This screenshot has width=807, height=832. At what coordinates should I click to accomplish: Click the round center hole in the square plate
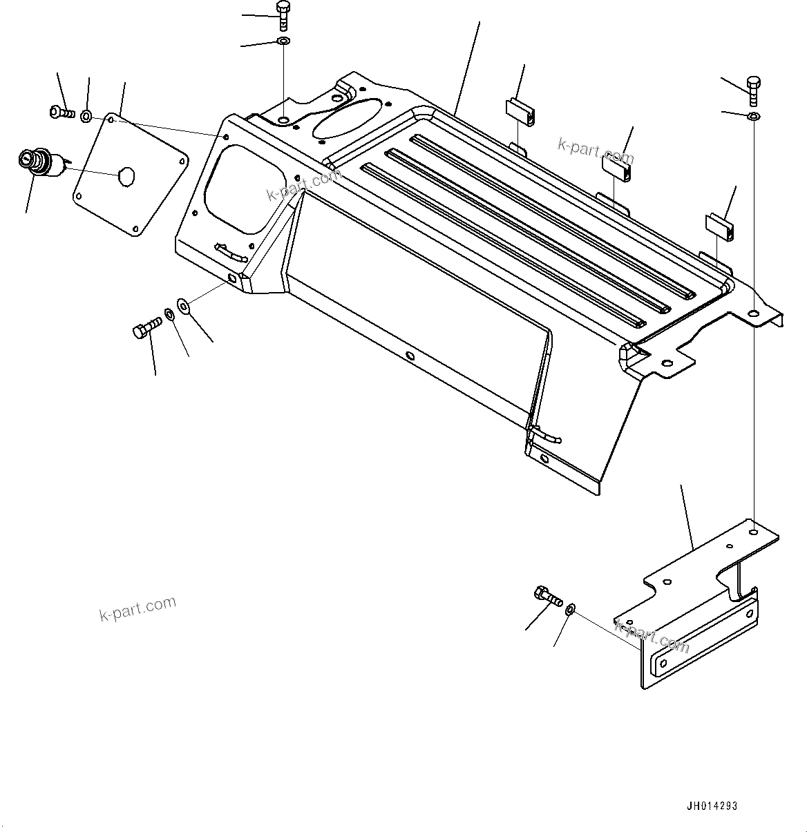coord(126,175)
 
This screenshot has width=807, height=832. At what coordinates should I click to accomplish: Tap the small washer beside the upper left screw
coord(86,115)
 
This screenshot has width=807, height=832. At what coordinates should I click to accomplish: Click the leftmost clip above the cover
coord(520,113)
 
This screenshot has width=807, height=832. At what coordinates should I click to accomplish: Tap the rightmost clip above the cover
coord(719,225)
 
